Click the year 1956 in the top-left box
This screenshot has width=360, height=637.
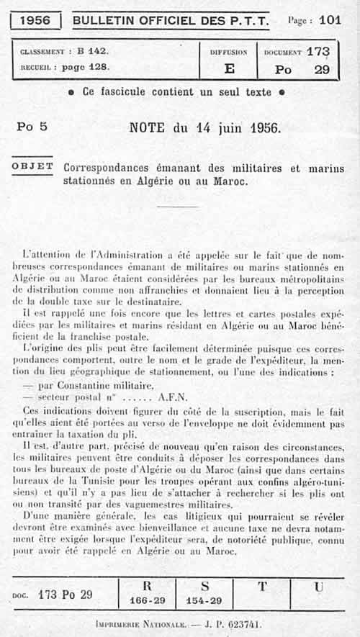pos(35,20)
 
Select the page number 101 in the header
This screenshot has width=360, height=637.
pos(330,20)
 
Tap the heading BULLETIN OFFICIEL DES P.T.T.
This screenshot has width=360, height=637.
pos(171,20)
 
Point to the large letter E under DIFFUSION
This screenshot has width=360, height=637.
pos(229,69)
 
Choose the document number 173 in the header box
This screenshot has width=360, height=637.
pos(317,52)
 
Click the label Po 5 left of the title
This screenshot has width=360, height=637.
pos(32,127)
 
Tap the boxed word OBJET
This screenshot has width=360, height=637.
pos(32,166)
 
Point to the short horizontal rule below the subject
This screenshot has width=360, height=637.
pos(176,207)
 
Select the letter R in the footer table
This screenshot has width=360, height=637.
pos(147,586)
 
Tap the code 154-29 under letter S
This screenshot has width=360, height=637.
pos(204,600)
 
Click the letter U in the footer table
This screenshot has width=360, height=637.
pos(318,586)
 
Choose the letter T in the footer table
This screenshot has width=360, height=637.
pos(262,586)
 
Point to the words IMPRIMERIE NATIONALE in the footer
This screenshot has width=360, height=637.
pos(140,625)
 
